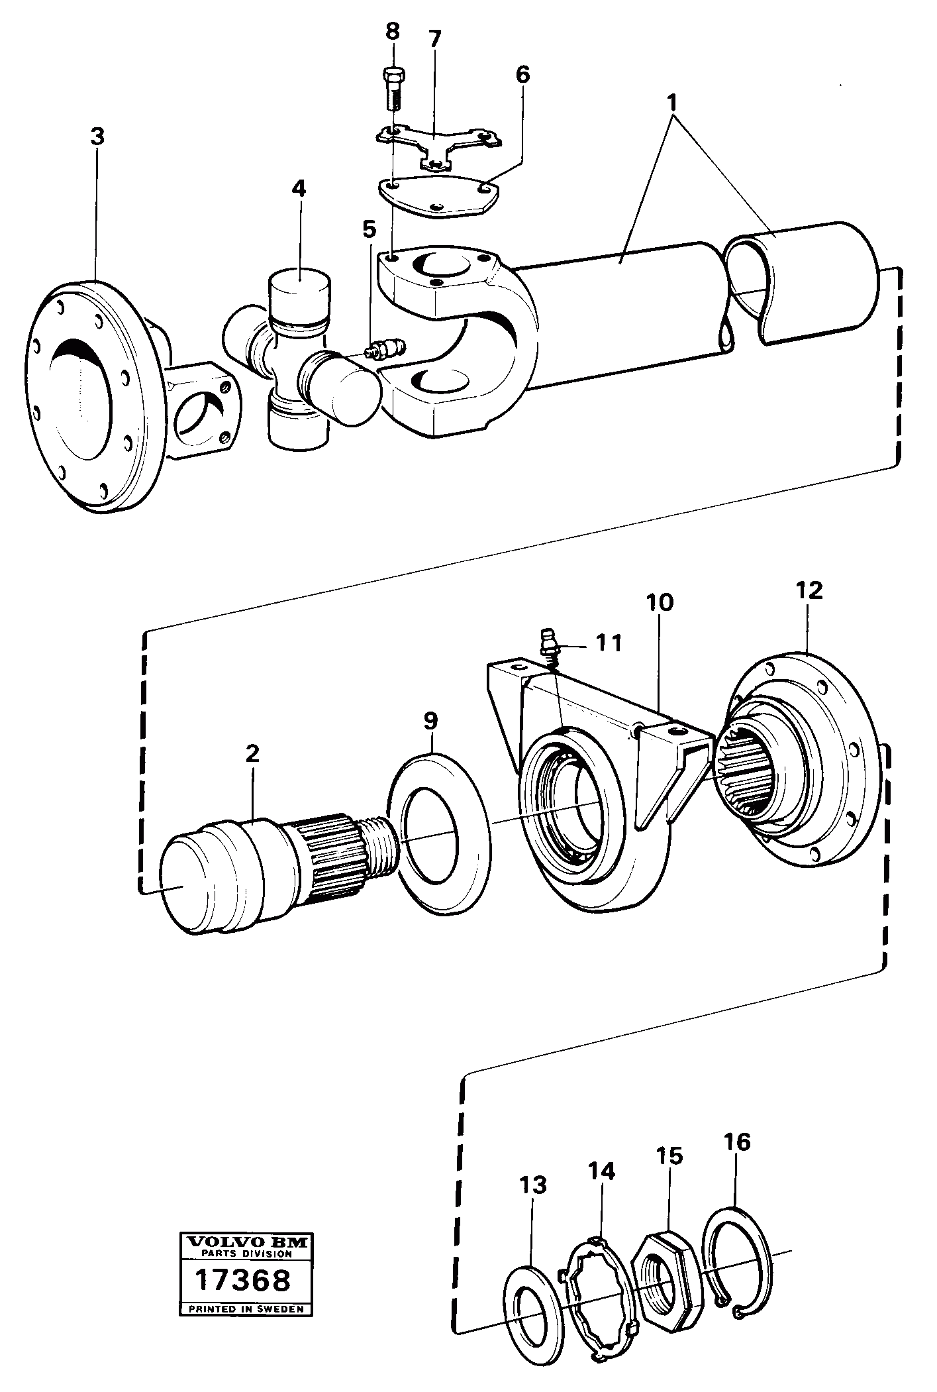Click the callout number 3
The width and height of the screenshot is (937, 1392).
click(97, 137)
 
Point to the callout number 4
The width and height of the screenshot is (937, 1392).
click(299, 189)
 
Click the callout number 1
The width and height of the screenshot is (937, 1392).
click(673, 103)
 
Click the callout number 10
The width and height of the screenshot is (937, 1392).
click(660, 603)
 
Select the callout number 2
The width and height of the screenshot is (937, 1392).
click(252, 753)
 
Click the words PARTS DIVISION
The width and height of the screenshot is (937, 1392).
click(246, 1253)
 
